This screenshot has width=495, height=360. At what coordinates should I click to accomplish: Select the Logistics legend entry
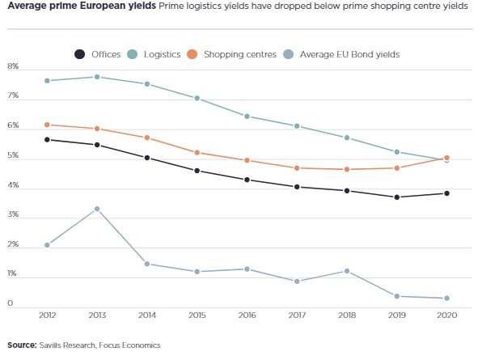coord(159,54)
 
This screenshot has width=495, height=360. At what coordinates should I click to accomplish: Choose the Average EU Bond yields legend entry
coord(349,54)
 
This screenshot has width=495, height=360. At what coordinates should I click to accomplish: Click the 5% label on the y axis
coord(13,158)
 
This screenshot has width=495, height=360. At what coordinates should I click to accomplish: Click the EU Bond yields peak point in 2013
coord(97,209)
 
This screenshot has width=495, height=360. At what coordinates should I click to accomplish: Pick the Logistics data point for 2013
coord(97,77)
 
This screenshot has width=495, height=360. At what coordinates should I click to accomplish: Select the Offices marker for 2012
coord(48,139)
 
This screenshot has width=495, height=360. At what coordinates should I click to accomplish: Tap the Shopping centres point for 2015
coord(197,152)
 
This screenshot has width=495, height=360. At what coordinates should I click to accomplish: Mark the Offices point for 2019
coord(397,197)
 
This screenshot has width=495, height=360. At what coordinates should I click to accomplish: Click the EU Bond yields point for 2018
coord(347,271)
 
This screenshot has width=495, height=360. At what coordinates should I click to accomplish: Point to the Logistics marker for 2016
coord(247,116)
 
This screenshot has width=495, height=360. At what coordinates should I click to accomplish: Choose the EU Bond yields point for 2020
coord(446,299)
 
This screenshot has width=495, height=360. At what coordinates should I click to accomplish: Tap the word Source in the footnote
coord(22,345)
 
